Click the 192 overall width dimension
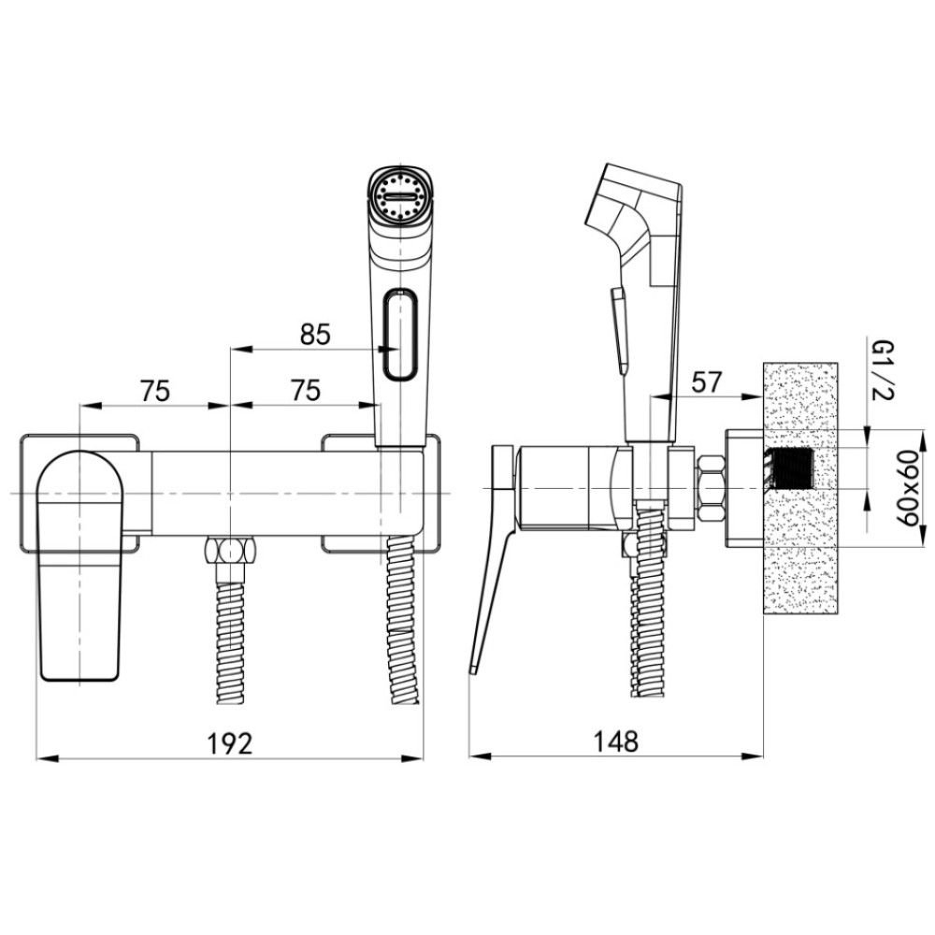click(230, 743)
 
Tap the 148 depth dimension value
click(615, 741)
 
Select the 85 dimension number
click(315, 335)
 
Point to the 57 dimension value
click(707, 381)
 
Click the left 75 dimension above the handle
click(155, 391)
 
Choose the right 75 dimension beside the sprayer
click(306, 390)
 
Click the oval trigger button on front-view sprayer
click(401, 334)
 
